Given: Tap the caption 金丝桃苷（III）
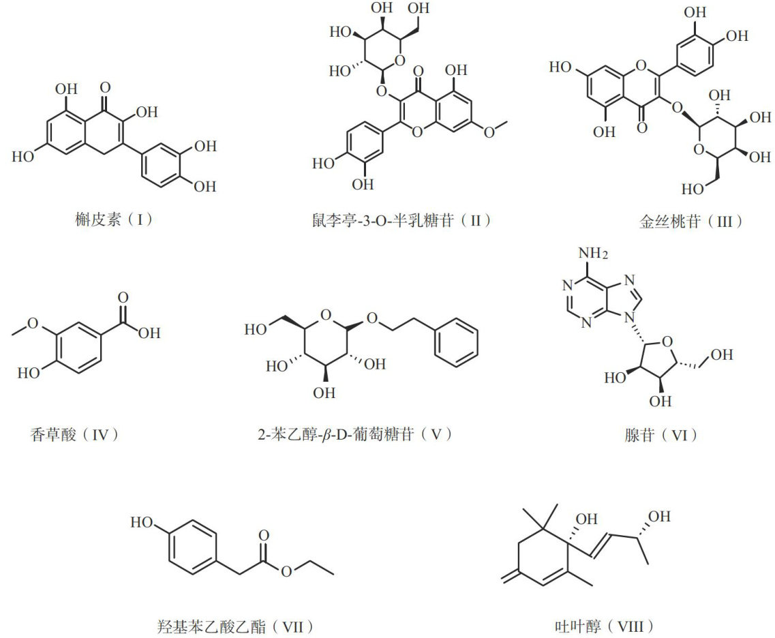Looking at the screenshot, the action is tap(682, 221).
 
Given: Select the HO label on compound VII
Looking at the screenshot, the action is tap(141, 523).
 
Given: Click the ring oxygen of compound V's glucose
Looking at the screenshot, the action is tap(324, 315).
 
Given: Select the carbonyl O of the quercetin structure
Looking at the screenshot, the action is tap(104, 88).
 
